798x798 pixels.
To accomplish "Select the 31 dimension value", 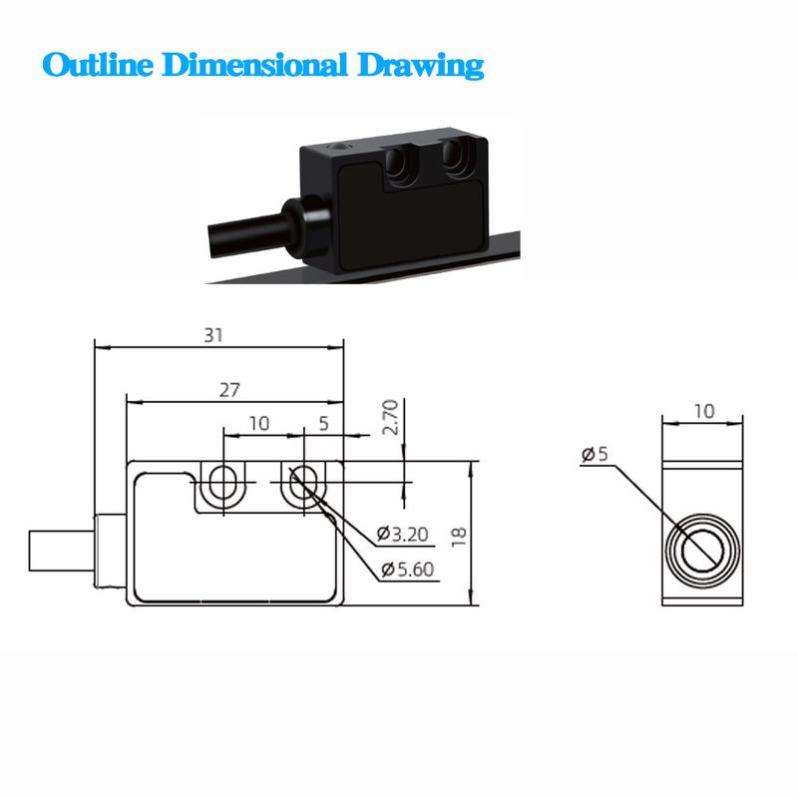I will pos(213,335).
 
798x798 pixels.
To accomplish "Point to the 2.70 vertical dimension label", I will pos(392,419).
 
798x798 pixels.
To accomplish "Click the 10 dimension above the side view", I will pos(703,411).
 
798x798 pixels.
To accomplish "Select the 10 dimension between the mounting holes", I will pos(259,423).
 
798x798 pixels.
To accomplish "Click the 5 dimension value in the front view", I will pos(323,423).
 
